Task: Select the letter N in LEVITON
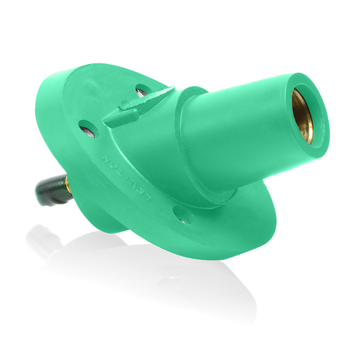(x=107, y=158)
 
